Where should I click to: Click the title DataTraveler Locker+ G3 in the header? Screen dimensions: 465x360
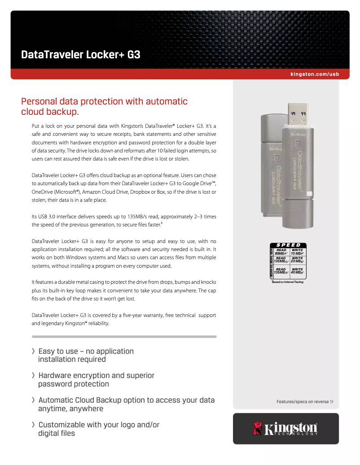coord(81,55)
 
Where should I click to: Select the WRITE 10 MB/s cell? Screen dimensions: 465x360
coord(297,252)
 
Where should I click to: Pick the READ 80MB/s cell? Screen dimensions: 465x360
coord(281,252)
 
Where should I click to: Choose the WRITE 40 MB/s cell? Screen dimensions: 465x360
coord(297,270)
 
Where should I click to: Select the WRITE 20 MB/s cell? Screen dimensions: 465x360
coord(297,260)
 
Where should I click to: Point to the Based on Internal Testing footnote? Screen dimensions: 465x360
coord(287,282)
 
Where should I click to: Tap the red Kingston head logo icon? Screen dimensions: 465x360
coord(258,428)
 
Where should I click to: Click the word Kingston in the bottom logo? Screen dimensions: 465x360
coord(290,428)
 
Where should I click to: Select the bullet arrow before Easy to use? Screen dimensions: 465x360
coord(33,351)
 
